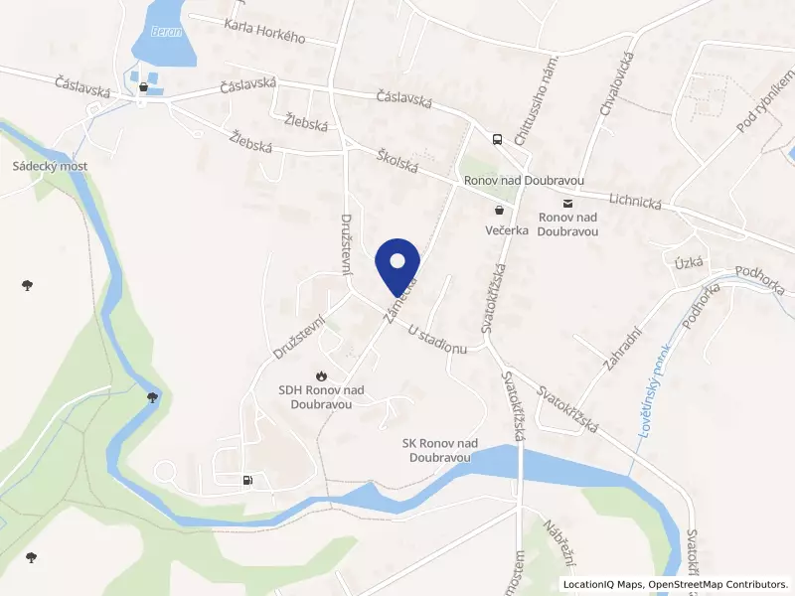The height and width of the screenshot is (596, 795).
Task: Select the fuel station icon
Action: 247,482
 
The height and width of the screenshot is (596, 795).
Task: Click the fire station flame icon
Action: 320,375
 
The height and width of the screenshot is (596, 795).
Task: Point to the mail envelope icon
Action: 566,203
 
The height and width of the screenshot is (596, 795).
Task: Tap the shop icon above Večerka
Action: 498,211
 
